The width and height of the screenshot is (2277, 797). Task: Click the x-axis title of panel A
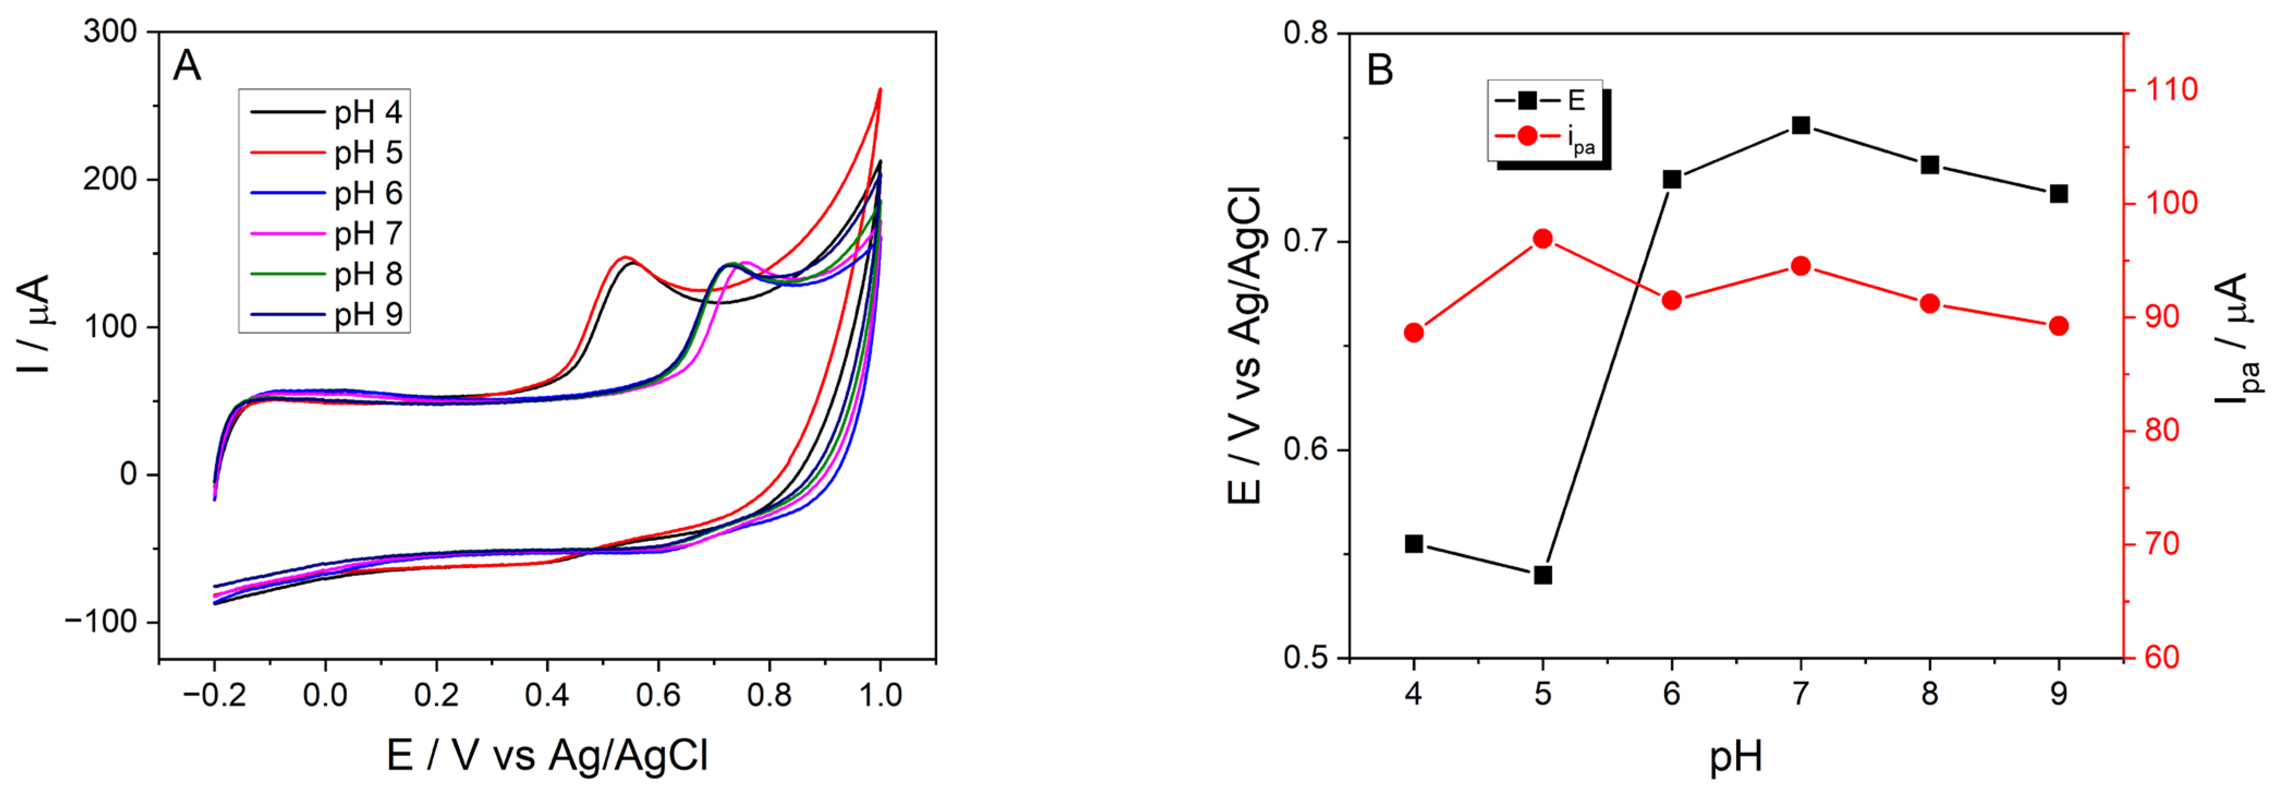pos(547,756)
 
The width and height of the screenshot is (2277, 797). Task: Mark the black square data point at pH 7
pos(1801,125)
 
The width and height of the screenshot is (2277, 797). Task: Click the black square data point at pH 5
pos(1543,575)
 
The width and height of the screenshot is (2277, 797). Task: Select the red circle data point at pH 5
pos(1543,239)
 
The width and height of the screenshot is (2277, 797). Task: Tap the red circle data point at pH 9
pos(2058,326)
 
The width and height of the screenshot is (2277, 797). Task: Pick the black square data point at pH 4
pos(1414,544)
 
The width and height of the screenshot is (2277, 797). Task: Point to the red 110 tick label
pos(2171,89)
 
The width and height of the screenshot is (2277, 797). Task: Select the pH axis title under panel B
pos(1735,756)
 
